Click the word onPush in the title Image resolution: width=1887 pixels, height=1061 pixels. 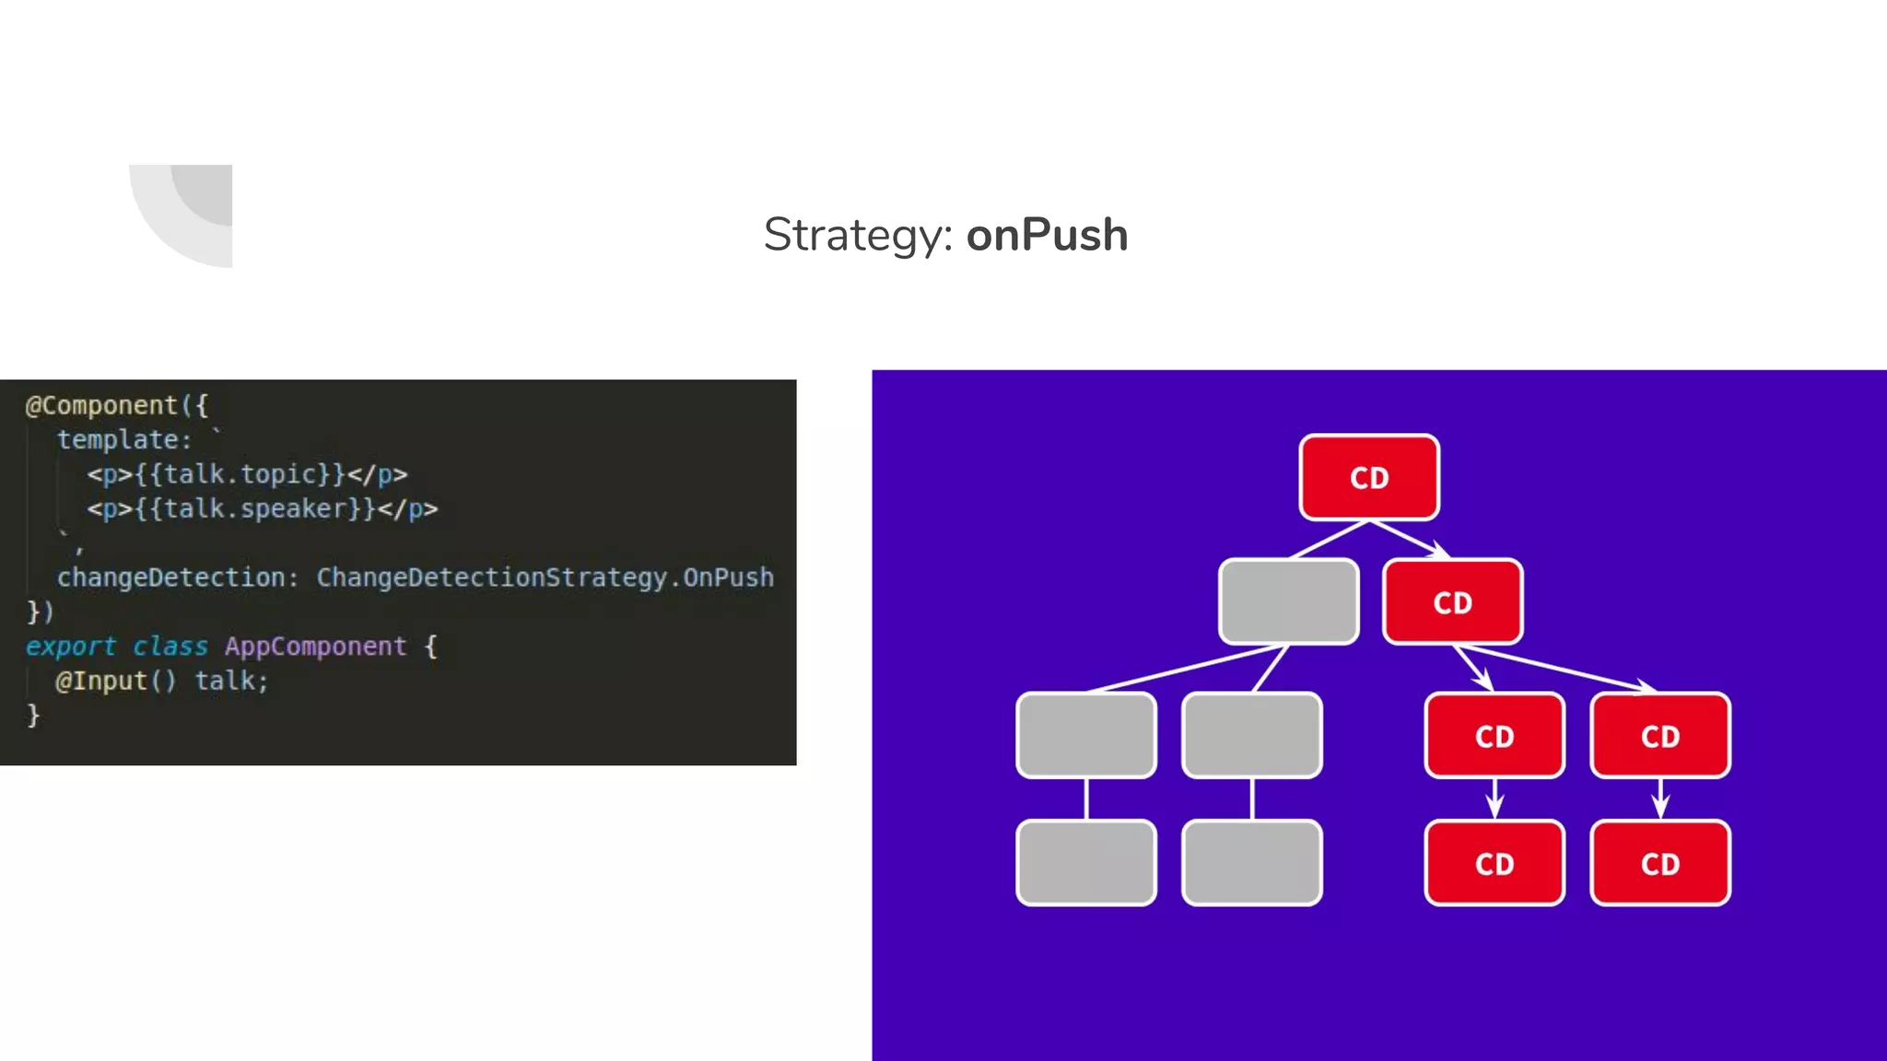tap(1047, 235)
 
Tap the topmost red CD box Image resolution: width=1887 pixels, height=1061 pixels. tap(1369, 477)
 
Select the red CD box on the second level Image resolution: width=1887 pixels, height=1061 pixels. tap(1452, 602)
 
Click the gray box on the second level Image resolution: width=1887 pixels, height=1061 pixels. tap(1288, 601)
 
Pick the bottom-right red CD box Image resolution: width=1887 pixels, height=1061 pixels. tap(1660, 863)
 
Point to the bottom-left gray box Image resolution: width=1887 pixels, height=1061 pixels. tap(1086, 863)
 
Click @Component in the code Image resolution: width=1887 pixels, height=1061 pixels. tap(101, 405)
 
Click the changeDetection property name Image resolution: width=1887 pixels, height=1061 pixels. tap(171, 577)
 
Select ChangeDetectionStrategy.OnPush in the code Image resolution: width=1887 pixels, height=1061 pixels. tap(545, 577)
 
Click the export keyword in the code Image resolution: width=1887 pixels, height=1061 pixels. tap(71, 647)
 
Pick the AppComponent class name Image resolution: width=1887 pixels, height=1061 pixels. tap(315, 647)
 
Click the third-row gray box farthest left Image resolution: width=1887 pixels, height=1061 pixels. tap(1086, 735)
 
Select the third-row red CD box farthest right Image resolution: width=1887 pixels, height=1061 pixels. tap(1660, 735)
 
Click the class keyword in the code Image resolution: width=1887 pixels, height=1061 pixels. tap(170, 647)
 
